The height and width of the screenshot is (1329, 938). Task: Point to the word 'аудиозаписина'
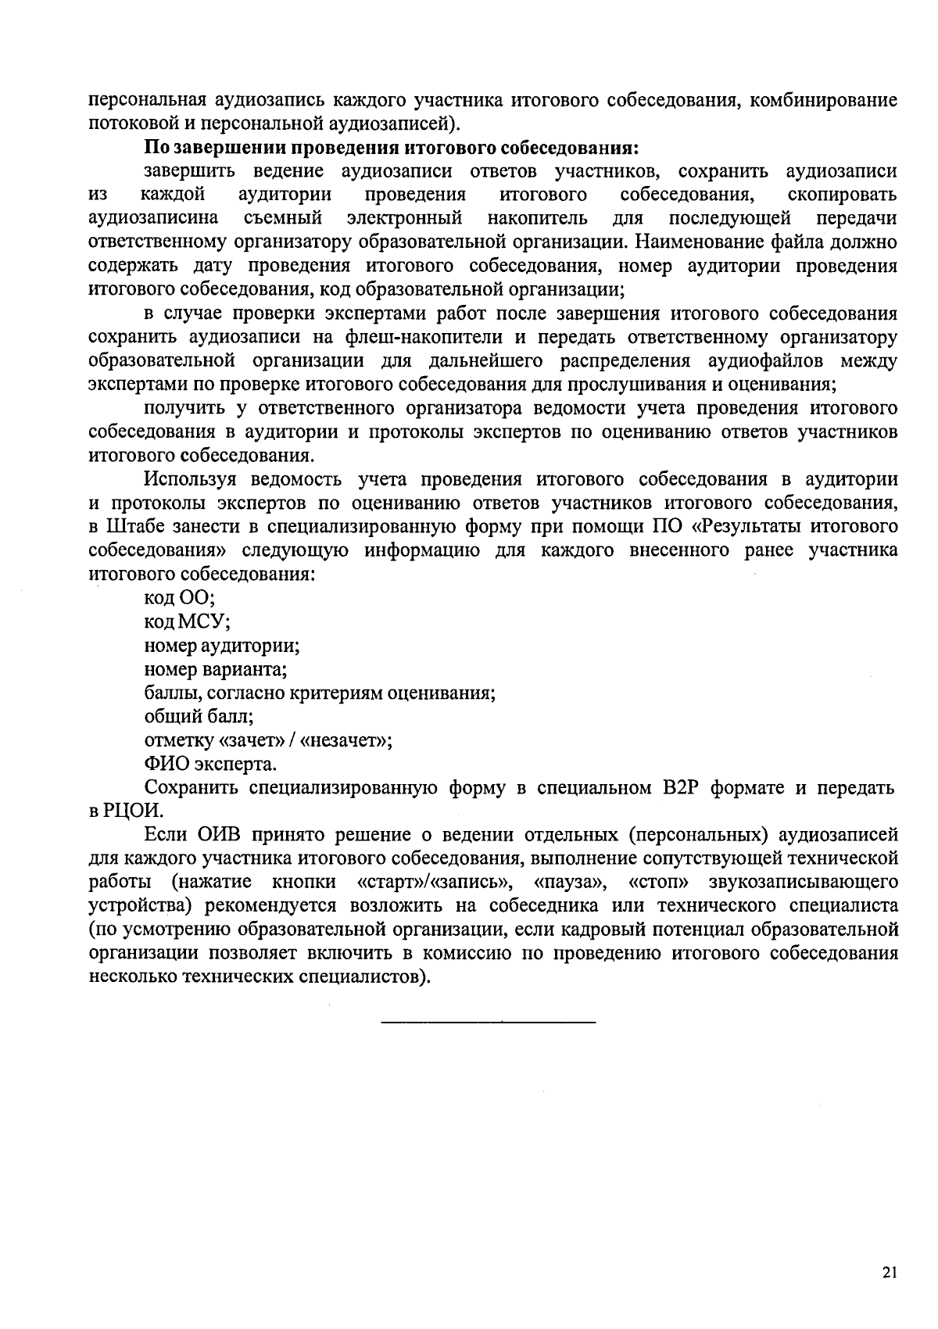[x=153, y=218]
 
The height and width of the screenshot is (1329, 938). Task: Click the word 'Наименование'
[x=694, y=242]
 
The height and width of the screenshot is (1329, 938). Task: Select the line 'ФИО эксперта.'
[x=210, y=764]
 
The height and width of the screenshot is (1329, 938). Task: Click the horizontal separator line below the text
[x=488, y=1022]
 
